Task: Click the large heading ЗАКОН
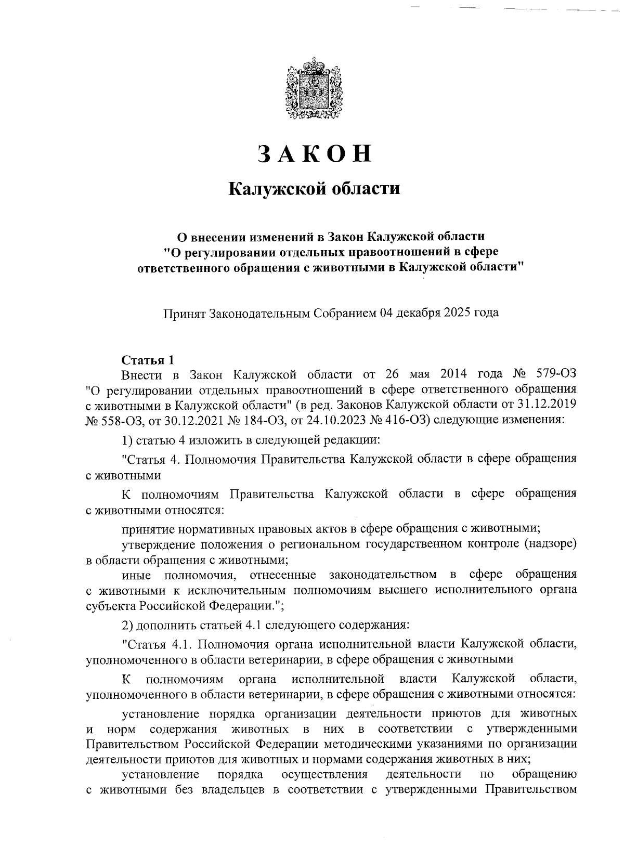(315, 153)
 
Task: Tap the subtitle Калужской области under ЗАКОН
(315, 188)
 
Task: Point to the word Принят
(184, 313)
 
